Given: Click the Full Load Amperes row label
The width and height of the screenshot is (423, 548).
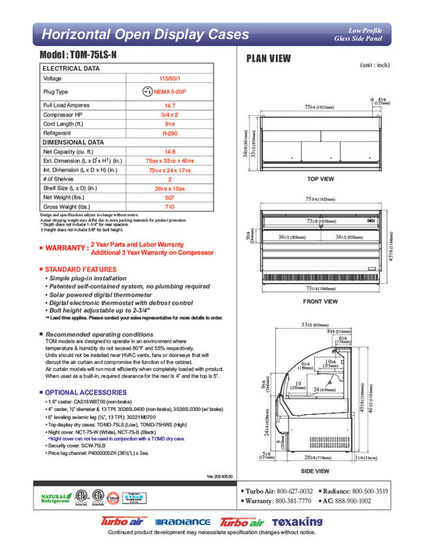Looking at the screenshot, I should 70,104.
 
